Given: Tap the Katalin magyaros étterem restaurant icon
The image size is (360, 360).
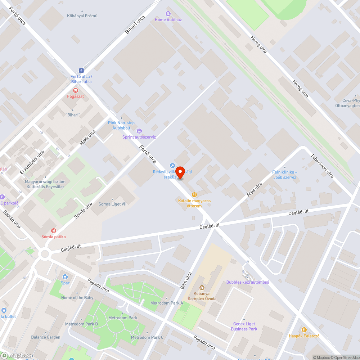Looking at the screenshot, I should [195, 194].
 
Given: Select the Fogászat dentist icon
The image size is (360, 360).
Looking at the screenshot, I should [75, 90].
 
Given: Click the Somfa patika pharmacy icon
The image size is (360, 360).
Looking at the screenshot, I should [53, 230].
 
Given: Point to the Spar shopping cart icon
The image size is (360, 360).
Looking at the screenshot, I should [65, 276].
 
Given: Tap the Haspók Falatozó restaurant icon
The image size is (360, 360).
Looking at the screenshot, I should [304, 329].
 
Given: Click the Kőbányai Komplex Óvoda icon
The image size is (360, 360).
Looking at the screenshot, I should [201, 287].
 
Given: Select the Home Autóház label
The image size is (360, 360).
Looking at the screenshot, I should [168, 19].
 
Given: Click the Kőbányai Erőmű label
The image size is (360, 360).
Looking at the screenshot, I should [82, 16].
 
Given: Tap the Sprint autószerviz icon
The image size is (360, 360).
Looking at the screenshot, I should [139, 131].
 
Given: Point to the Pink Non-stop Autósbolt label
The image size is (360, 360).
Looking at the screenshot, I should [121, 125].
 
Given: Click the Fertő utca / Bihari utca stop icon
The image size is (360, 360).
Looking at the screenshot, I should [81, 71].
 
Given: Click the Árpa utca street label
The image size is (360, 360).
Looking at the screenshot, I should [254, 190].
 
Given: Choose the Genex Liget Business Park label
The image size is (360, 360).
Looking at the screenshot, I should [244, 326].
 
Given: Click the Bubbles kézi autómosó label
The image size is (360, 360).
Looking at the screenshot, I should [248, 282].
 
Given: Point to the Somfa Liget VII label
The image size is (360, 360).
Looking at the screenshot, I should [113, 204].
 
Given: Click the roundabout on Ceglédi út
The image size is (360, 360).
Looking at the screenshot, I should [45, 254].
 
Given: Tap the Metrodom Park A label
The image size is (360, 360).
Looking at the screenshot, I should [167, 303].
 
